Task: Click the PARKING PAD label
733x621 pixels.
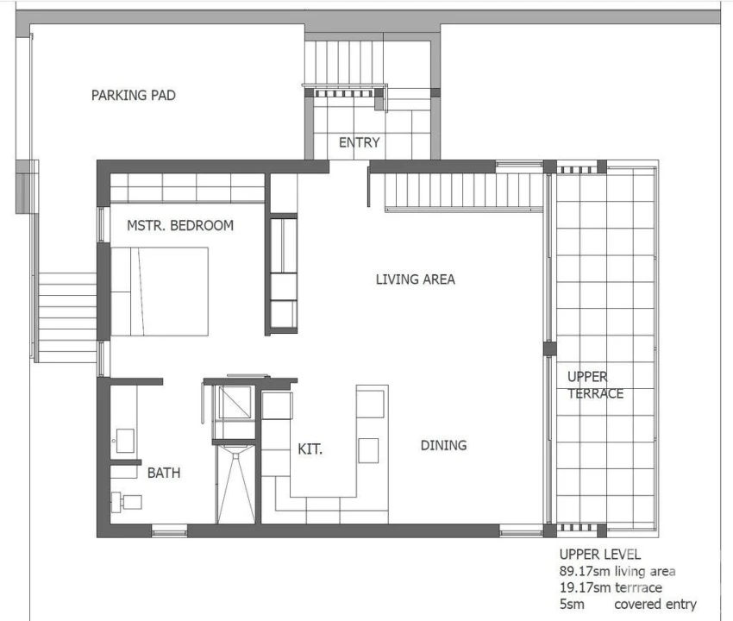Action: tap(133, 96)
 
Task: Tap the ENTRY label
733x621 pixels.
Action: tap(359, 142)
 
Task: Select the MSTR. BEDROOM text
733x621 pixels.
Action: tap(180, 225)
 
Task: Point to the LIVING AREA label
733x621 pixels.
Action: tap(415, 279)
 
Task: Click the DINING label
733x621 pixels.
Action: tap(443, 445)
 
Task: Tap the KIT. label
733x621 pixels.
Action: tap(310, 449)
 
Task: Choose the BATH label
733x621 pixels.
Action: tap(164, 473)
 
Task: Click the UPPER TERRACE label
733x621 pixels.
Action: tap(595, 385)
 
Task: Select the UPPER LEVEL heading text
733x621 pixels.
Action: tap(600, 555)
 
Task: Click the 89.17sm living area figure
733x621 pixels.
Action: tap(617, 571)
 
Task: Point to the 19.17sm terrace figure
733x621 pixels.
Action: tap(611, 587)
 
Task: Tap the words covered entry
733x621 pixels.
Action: tap(655, 604)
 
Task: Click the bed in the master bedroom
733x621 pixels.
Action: tap(160, 292)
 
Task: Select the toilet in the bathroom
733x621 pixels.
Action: tap(127, 502)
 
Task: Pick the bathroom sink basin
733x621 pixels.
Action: tap(125, 441)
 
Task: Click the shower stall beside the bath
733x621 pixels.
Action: tap(236, 484)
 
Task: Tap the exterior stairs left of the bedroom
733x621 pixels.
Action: tap(67, 317)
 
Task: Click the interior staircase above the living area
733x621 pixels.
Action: tap(464, 191)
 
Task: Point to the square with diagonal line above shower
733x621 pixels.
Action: tap(235, 403)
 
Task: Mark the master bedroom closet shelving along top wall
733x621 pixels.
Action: tap(187, 188)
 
